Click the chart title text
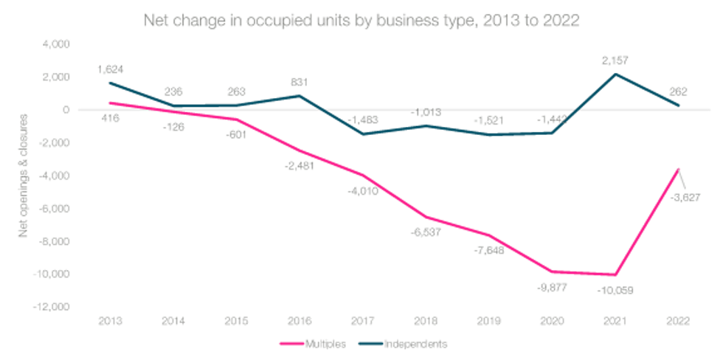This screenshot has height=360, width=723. coord(361,21)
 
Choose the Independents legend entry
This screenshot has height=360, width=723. coord(401,343)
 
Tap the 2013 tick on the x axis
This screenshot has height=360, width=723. coord(110,322)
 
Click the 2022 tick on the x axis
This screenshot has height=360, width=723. coord(677,322)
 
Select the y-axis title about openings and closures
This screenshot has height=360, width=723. coord(24,176)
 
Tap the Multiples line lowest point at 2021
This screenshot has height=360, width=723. coord(615,274)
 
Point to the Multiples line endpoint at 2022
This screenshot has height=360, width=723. coord(677,168)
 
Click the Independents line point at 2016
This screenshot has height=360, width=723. coord(299,95)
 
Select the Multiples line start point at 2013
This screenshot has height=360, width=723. coord(110,103)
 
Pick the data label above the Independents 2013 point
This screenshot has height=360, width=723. coord(110,69)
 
